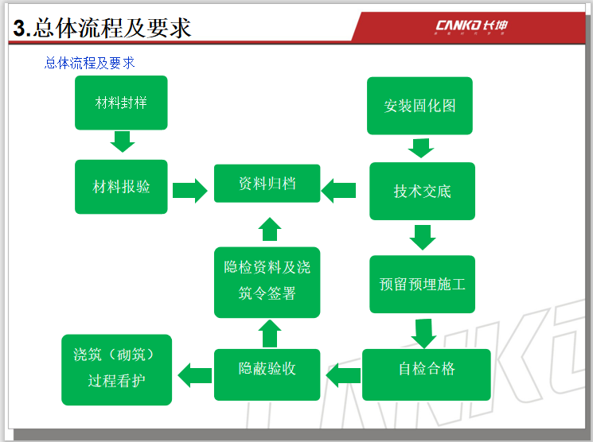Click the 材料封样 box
pyautogui.click(x=121, y=103)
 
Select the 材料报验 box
pyautogui.click(x=121, y=187)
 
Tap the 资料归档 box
pyautogui.click(x=267, y=184)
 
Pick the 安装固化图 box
pyautogui.click(x=419, y=106)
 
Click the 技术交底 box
pyautogui.click(x=422, y=191)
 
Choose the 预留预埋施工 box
pyautogui.click(x=422, y=284)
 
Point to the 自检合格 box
pyautogui.click(x=427, y=369)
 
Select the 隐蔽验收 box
pyautogui.click(x=267, y=369)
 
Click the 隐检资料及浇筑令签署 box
pyautogui.click(x=267, y=281)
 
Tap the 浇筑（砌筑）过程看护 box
pyautogui.click(x=116, y=370)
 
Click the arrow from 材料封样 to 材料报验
pyautogui.click(x=122, y=142)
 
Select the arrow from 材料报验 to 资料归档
pyautogui.click(x=189, y=191)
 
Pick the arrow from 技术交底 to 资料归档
pyautogui.click(x=339, y=191)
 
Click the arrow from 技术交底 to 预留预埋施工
pyautogui.click(x=422, y=237)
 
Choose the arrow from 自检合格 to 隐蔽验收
pyautogui.click(x=343, y=372)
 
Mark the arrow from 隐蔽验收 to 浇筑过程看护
pyautogui.click(x=195, y=372)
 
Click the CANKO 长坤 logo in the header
pyautogui.click(x=471, y=25)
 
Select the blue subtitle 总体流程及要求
pyautogui.click(x=90, y=62)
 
